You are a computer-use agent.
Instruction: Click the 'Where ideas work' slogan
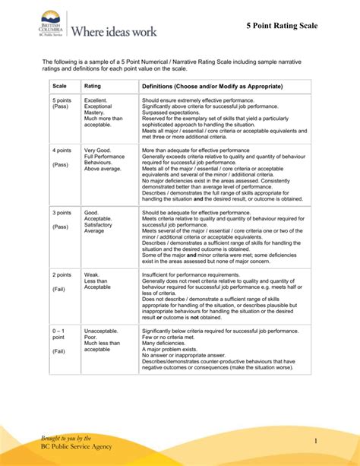113,31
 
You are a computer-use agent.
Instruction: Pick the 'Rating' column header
93,87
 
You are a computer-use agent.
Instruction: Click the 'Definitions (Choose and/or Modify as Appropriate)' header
212,87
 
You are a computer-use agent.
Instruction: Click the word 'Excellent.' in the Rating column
96,100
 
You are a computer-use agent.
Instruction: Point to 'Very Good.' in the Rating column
99,151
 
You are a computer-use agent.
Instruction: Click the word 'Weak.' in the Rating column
92,274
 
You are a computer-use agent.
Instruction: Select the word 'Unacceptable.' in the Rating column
102,331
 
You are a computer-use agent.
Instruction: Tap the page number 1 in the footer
332,442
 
